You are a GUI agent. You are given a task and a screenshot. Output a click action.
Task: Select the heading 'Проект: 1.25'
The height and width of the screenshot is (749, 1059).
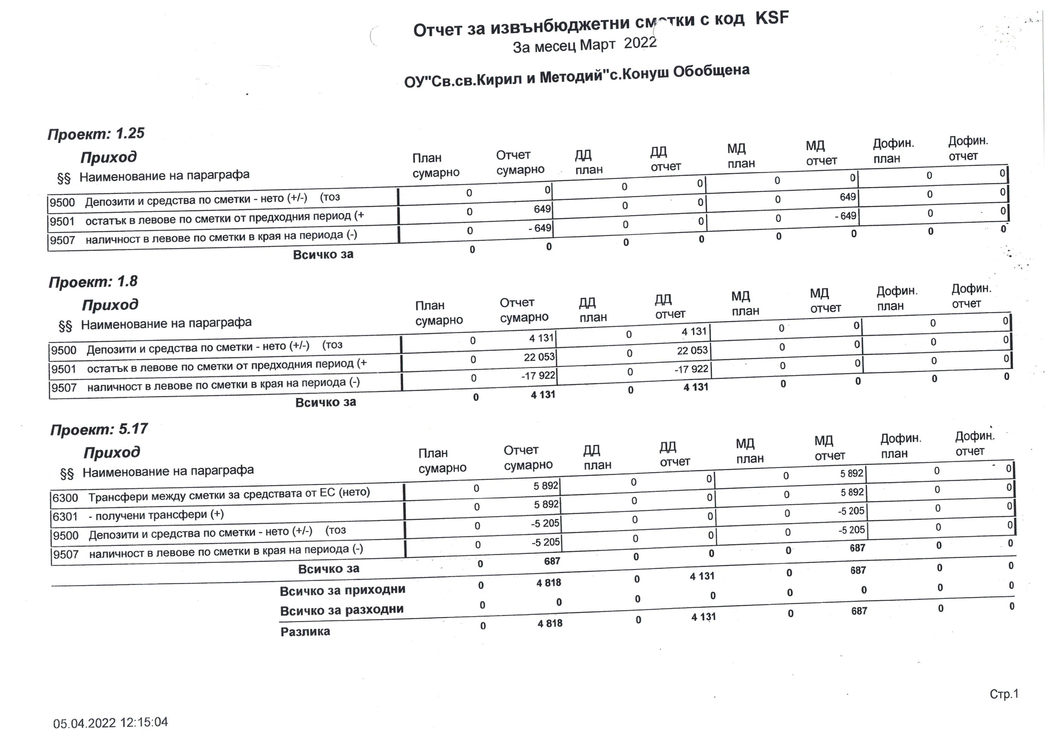pyautogui.click(x=96, y=134)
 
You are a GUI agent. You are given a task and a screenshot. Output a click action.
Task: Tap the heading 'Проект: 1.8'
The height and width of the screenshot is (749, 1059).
pyautogui.click(x=93, y=281)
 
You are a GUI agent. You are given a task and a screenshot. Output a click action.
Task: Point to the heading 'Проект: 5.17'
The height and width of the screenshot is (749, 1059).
pyautogui.click(x=99, y=429)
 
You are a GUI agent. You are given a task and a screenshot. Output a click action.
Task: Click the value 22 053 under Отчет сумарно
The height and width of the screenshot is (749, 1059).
pyautogui.click(x=539, y=357)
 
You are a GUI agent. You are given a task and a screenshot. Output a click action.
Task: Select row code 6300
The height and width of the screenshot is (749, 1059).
pyautogui.click(x=65, y=498)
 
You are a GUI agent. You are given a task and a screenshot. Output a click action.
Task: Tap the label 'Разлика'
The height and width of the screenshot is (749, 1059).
pyautogui.click(x=305, y=632)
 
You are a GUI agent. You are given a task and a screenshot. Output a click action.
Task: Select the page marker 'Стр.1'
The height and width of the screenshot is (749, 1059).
pyautogui.click(x=1004, y=694)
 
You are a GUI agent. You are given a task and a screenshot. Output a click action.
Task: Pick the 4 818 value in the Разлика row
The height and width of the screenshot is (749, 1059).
pyautogui.click(x=550, y=624)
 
